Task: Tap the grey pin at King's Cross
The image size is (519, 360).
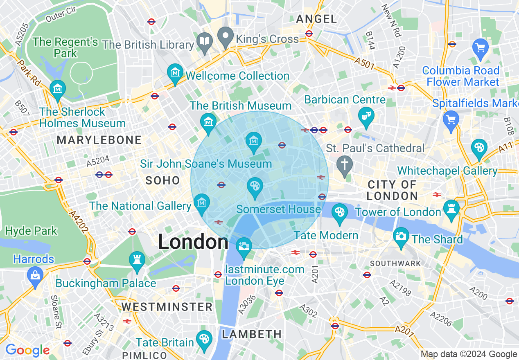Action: click(225, 36)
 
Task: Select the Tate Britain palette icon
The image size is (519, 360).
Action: click(203, 339)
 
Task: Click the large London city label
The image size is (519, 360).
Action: click(193, 242)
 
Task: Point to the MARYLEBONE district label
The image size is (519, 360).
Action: click(99, 140)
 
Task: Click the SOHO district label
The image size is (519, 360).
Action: click(163, 180)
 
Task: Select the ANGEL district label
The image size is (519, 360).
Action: click(316, 19)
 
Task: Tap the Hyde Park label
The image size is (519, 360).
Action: click(31, 231)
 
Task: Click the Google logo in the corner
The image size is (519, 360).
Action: click(27, 350)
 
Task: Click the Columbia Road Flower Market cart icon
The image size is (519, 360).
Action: click(481, 47)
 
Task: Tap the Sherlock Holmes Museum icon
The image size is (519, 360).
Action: click(58, 89)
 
